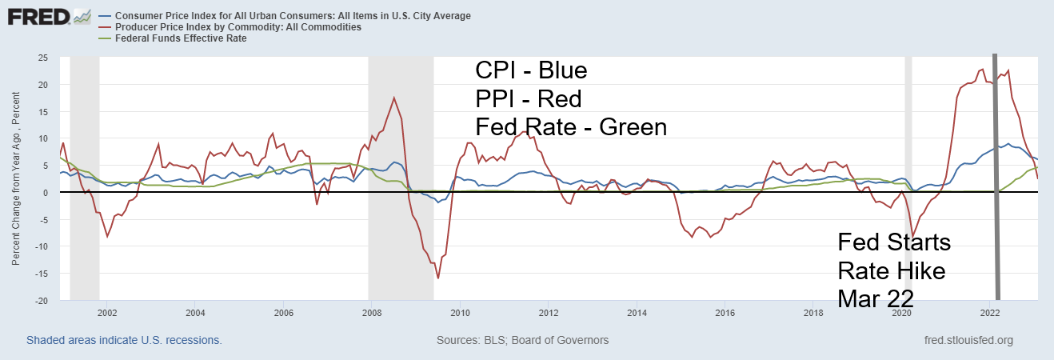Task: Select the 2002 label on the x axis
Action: point(107,313)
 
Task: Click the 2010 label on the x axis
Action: point(459,313)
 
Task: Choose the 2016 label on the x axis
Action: point(724,313)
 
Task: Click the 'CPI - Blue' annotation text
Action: point(531,71)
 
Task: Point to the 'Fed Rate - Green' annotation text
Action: point(570,127)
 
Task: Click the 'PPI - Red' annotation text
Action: point(528,99)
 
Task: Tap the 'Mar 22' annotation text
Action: point(876,298)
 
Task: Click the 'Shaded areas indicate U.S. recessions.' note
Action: point(124,340)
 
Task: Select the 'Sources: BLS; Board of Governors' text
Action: point(522,340)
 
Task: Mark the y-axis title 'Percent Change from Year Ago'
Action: point(15,180)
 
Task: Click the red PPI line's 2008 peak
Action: point(393,98)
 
